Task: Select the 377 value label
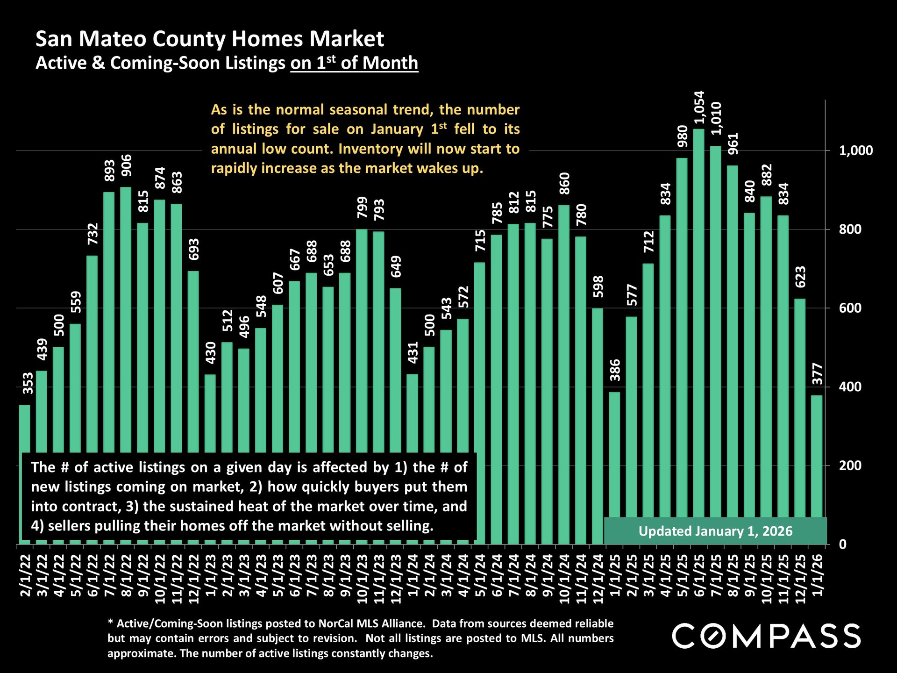click(x=817, y=374)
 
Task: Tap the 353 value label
click(x=28, y=383)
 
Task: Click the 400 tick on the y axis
click(x=850, y=387)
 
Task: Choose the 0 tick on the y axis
click(x=842, y=544)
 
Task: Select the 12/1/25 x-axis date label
click(x=800, y=579)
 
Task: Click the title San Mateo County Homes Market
click(x=210, y=39)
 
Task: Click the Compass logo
click(x=766, y=636)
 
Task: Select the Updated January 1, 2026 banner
click(x=715, y=531)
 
